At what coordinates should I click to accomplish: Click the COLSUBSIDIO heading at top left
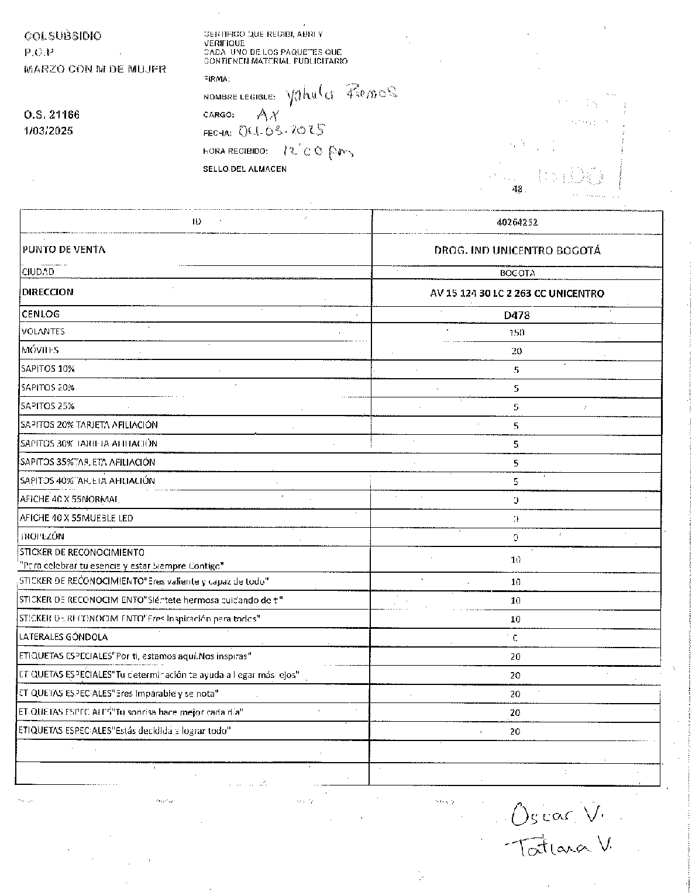tap(63, 36)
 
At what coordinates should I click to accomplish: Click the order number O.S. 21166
tap(51, 115)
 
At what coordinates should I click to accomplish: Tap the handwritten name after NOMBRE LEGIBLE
tap(342, 93)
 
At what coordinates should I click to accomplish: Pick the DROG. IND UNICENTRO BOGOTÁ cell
tap(517, 251)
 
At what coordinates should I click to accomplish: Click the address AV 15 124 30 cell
tap(517, 293)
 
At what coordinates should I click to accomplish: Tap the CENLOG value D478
tap(517, 316)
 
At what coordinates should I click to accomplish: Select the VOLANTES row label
tap(43, 331)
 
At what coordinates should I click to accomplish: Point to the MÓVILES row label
tap(40, 350)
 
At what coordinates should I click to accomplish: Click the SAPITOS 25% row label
tap(48, 406)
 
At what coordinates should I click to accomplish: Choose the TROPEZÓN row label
tap(42, 537)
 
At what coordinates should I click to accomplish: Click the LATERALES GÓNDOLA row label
tap(64, 637)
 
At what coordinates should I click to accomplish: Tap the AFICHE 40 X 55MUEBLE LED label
tap(77, 518)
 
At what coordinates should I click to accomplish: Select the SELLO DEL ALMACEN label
tap(245, 169)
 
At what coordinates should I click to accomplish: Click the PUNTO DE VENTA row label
tap(64, 250)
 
